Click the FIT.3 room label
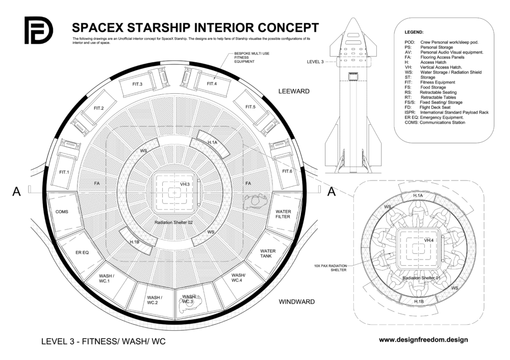(x=137, y=84)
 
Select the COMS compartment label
(x=61, y=212)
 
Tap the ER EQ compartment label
(x=82, y=252)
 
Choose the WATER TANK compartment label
(x=268, y=253)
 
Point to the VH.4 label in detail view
(x=428, y=240)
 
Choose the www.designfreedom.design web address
(x=424, y=339)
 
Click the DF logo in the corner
(x=38, y=30)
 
